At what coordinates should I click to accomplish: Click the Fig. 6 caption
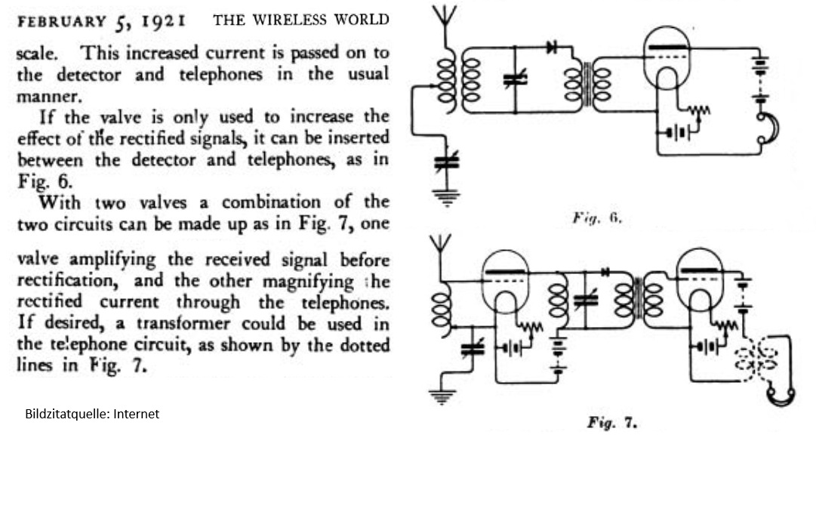(597, 217)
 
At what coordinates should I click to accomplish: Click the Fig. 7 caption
(612, 422)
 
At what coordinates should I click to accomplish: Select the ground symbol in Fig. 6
(446, 197)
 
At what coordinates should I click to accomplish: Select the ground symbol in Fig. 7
(442, 396)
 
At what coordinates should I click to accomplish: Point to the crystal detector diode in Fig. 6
(552, 48)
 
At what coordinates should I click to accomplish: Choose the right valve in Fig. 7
(700, 281)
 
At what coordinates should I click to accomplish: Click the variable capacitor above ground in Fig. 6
(447, 162)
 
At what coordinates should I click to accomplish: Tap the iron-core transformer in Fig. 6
(587, 83)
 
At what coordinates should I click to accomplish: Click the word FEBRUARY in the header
(62, 21)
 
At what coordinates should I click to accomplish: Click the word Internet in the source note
(137, 414)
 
